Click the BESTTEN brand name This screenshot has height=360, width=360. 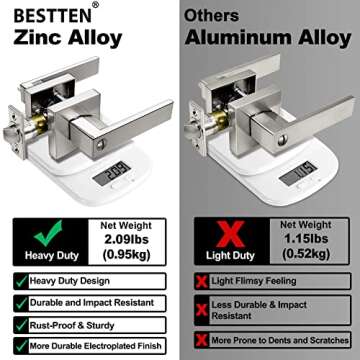coord(52,15)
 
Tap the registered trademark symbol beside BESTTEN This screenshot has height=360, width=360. coord(95,5)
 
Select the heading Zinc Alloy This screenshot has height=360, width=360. coord(68,38)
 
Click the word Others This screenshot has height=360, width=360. coord(211,16)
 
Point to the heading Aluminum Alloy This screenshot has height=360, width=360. coord(268,38)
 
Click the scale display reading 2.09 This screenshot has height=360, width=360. coord(112,173)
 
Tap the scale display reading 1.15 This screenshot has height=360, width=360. coord(298,173)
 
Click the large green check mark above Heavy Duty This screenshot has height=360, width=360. coord(49,233)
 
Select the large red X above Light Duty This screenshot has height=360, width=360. coord(230,234)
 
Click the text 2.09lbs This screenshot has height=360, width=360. coord(126,240)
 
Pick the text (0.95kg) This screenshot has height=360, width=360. coord(126,255)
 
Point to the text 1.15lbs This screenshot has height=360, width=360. coord(306,239)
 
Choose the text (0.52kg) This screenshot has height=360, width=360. coord(306,254)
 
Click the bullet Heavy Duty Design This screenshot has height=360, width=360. coord(69,281)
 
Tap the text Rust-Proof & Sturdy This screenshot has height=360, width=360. coord(72,325)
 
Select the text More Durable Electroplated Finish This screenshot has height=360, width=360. coord(96,346)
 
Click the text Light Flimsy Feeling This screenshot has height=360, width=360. coord(254,281)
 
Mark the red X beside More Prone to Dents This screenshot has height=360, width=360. coord(202,340)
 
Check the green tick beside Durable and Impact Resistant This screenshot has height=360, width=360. coord(21,304)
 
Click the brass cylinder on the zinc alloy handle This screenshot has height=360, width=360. coord(40,125)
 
